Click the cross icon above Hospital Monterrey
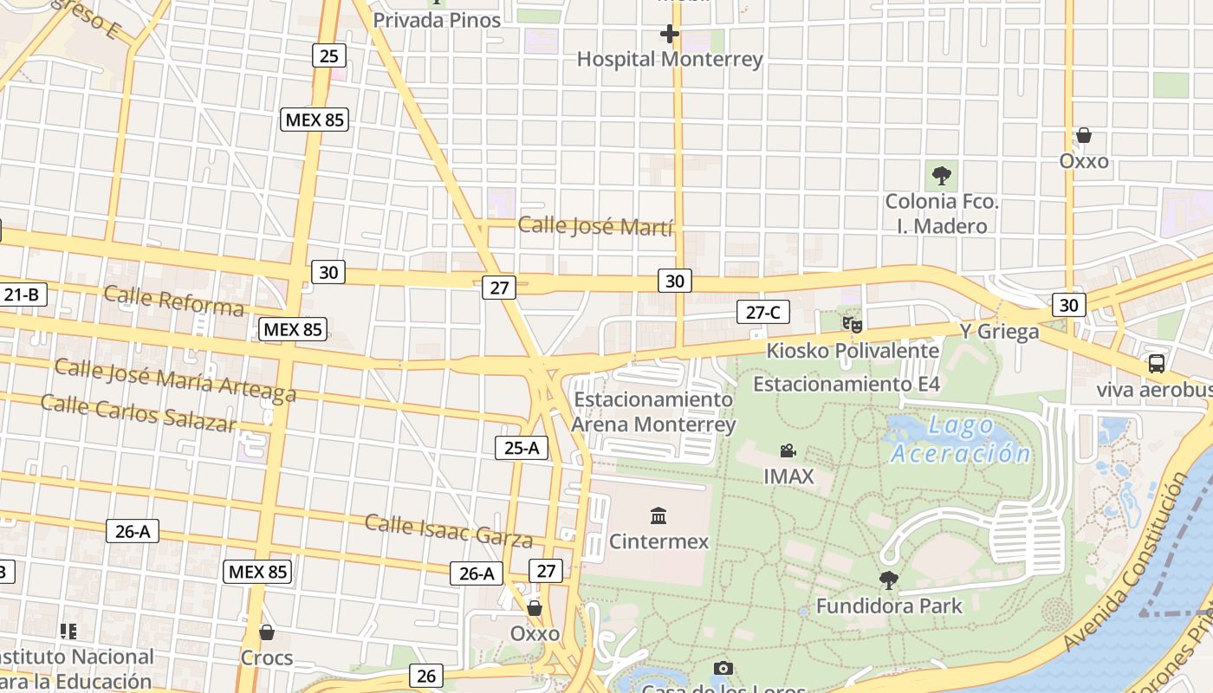click(x=669, y=35)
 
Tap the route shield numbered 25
click(x=328, y=56)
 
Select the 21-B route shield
click(x=23, y=295)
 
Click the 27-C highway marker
click(x=763, y=312)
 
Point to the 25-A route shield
click(x=522, y=448)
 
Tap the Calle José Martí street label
click(x=595, y=227)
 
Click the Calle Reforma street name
click(x=173, y=301)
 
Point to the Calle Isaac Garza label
click(x=448, y=530)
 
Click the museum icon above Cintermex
click(x=658, y=516)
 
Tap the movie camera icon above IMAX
click(x=788, y=450)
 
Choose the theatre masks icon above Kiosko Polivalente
click(x=853, y=325)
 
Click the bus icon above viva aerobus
click(x=1157, y=363)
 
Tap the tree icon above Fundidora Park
click(x=888, y=580)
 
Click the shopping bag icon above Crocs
click(x=267, y=632)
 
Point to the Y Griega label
click(x=999, y=332)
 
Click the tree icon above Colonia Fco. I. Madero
click(x=941, y=176)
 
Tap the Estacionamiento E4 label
click(x=847, y=384)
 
